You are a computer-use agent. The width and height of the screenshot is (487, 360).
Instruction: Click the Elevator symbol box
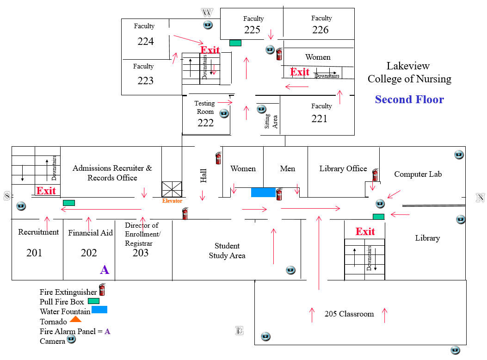(x=172, y=189)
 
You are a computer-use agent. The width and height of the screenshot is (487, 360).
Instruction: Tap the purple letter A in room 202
(x=105, y=270)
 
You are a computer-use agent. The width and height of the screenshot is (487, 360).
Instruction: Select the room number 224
(x=146, y=42)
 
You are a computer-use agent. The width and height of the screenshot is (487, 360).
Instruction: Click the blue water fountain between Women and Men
(x=263, y=192)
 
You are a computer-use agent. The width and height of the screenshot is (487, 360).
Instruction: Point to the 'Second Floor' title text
(x=409, y=99)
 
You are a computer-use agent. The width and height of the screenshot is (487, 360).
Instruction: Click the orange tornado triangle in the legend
(x=75, y=319)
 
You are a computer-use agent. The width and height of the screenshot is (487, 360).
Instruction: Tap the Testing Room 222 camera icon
(x=224, y=113)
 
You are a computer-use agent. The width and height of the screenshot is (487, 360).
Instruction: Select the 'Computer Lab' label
(x=418, y=174)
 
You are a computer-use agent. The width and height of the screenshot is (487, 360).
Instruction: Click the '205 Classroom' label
(x=349, y=314)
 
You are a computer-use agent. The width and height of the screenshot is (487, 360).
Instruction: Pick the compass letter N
(x=481, y=198)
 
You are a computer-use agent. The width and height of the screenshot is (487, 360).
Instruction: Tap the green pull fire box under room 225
(x=235, y=43)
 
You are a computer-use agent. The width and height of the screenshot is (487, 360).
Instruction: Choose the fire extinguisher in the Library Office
(x=375, y=174)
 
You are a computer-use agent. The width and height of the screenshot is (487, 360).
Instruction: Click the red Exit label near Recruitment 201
(x=46, y=191)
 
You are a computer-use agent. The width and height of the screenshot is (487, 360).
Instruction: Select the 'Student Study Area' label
(x=227, y=251)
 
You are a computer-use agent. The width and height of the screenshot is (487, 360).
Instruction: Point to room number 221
(x=319, y=119)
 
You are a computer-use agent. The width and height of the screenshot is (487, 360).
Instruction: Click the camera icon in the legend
(x=71, y=340)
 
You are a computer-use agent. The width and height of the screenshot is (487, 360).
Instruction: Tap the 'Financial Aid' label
(x=90, y=233)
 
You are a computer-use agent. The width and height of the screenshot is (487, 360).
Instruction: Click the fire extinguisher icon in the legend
(x=102, y=290)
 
